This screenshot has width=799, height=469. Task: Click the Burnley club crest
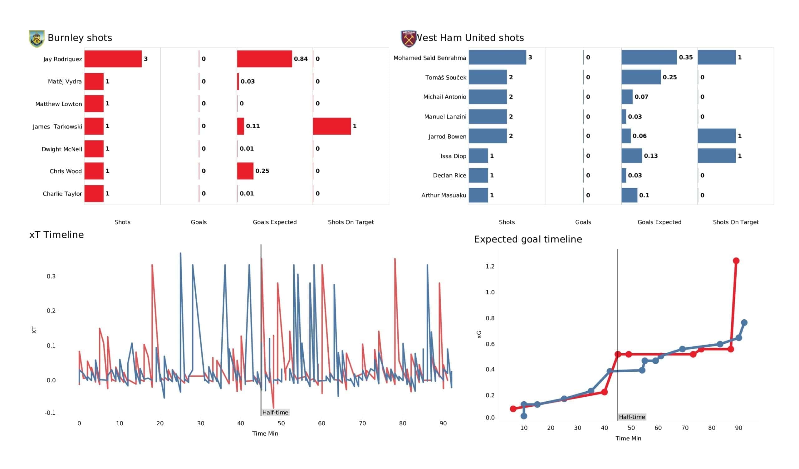tap(37, 39)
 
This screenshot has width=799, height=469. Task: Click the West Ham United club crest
tap(409, 39)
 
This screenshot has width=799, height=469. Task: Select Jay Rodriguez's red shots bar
tap(113, 59)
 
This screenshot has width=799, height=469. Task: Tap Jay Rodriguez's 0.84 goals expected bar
tap(264, 59)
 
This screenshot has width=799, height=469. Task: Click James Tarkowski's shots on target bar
tap(332, 126)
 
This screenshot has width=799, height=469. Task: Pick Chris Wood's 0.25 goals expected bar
tap(245, 171)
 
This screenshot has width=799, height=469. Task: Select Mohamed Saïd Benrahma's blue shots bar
tap(498, 57)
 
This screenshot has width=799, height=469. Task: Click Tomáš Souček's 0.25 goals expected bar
tap(641, 77)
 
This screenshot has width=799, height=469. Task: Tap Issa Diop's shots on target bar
tap(717, 156)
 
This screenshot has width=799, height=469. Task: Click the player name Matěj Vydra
tap(65, 81)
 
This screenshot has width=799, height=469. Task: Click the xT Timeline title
tap(56, 234)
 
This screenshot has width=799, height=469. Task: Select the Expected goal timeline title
tap(528, 239)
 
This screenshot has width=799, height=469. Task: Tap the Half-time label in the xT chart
tap(275, 412)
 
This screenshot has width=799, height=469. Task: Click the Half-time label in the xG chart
tap(632, 417)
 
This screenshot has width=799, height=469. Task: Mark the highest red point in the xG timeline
tap(736, 260)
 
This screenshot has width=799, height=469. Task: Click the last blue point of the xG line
tap(744, 323)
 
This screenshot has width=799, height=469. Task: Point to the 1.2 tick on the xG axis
tap(490, 266)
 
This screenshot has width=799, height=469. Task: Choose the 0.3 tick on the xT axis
tap(51, 276)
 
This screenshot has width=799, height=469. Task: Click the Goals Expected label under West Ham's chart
tap(659, 222)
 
